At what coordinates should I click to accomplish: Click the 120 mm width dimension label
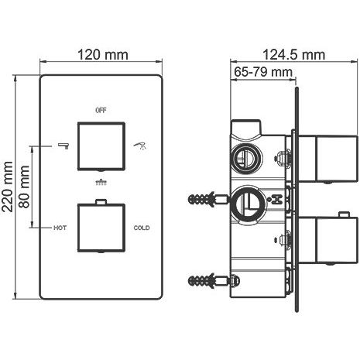coord(103,55)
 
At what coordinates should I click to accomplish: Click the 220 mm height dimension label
coord(8,187)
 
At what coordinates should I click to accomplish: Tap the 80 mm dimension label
coord(25,187)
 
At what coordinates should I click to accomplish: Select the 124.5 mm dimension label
coord(293,55)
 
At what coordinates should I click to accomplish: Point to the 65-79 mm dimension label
coord(263,72)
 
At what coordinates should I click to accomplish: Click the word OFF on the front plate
coord(101,111)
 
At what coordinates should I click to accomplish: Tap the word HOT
coord(60,228)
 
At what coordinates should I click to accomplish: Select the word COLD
coord(142,228)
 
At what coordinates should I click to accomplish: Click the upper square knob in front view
coord(101,146)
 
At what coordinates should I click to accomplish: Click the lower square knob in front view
coord(101,228)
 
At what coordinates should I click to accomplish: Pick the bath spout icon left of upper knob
coord(63,146)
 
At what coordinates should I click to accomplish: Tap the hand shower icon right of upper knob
coord(139,146)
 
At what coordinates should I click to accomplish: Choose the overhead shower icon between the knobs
coord(101,183)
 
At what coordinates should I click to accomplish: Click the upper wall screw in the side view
coord(208,199)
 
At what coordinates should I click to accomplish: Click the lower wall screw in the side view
coord(208,280)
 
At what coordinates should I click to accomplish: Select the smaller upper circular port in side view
coord(246,158)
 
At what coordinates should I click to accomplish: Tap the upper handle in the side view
coord(328,159)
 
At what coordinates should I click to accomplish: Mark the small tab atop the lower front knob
coord(101,201)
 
